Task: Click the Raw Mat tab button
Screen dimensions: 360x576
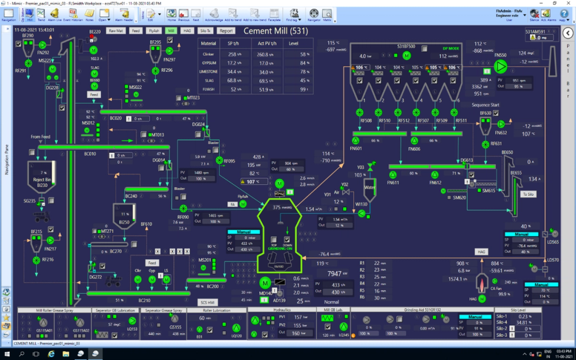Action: tap(116, 31)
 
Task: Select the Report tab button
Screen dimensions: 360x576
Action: tap(226, 31)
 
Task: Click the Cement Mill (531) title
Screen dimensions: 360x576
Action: tap(276, 31)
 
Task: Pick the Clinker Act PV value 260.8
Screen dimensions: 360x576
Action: tap(266, 54)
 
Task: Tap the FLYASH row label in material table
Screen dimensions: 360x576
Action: tap(209, 89)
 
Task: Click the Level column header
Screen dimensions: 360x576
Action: tap(293, 43)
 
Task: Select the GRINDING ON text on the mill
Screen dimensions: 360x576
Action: tap(280, 248)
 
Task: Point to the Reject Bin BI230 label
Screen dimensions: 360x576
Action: tap(42, 183)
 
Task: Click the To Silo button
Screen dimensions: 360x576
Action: tap(528, 194)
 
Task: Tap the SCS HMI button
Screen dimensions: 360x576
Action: tap(207, 302)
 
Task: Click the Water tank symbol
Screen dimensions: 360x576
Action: tap(369, 190)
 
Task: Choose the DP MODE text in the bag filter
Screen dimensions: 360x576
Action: tap(451, 48)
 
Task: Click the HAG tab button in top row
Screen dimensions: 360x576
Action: tap(187, 31)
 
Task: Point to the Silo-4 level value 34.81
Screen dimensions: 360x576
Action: tap(524, 323)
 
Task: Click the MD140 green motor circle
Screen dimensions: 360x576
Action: tap(265, 283)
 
